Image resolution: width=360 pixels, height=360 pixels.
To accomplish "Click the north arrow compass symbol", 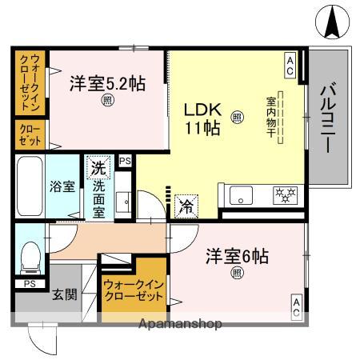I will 331,22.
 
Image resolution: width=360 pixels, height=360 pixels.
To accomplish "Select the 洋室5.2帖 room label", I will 106,82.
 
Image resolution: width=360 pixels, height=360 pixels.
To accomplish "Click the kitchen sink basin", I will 240,194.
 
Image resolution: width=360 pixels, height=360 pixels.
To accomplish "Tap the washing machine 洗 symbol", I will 98,169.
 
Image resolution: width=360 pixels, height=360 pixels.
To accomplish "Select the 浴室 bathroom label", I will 65,187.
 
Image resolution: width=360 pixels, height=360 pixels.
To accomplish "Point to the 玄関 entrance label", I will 65,294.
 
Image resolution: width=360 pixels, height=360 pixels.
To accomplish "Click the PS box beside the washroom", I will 123,162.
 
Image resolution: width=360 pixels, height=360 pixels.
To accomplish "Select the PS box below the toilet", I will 29,283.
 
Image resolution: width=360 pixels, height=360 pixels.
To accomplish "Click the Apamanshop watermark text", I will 180,324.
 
